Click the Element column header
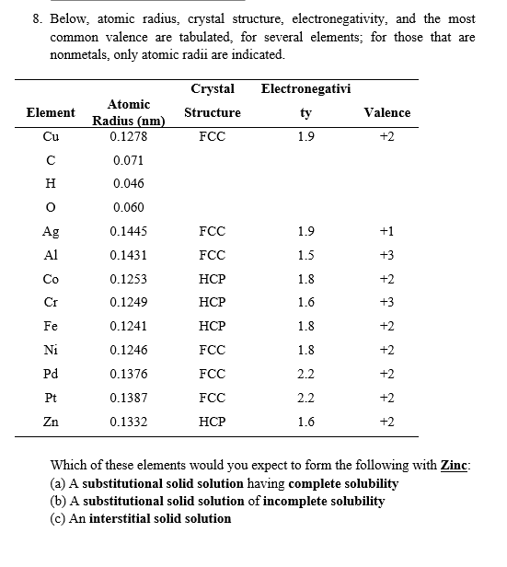51,112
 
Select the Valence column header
387,112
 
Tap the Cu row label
51,136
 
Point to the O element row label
51,207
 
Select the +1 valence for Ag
387,231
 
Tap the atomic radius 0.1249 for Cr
128,302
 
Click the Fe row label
51,326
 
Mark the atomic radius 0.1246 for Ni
128,350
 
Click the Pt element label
51,398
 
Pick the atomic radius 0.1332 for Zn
128,421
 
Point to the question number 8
36,19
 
